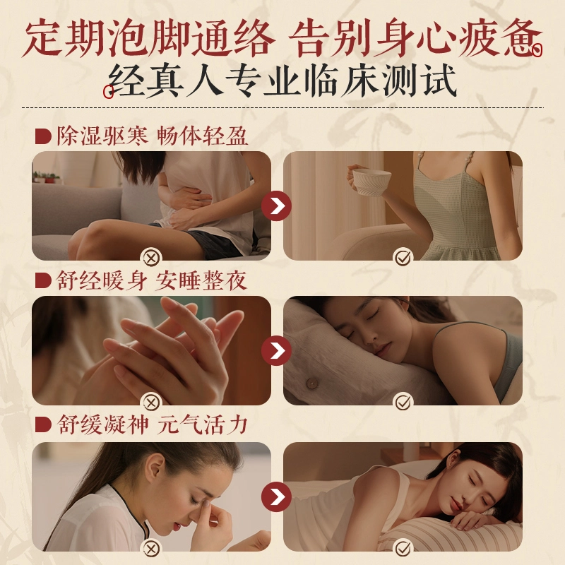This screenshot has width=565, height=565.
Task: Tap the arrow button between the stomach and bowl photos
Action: point(276,206)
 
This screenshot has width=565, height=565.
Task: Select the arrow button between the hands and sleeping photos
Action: point(276,351)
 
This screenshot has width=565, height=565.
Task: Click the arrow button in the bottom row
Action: point(276,497)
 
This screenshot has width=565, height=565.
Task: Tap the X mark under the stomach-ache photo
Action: point(152,258)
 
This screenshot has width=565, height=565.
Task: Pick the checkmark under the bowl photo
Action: point(403,258)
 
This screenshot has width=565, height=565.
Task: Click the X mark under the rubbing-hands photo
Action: point(152,403)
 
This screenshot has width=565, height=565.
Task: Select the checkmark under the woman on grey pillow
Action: point(403,403)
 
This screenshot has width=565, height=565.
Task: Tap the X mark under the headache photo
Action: point(152,549)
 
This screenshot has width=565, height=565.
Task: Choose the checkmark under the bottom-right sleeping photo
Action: point(403,549)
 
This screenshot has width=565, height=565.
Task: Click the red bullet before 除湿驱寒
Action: point(43,137)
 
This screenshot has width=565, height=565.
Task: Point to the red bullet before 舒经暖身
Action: point(43,280)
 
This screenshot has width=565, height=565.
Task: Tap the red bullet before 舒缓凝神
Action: point(43,425)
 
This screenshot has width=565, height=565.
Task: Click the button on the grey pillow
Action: point(311,383)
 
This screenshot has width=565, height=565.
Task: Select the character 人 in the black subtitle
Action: point(204,81)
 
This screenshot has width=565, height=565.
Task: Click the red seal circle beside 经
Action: point(108,92)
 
